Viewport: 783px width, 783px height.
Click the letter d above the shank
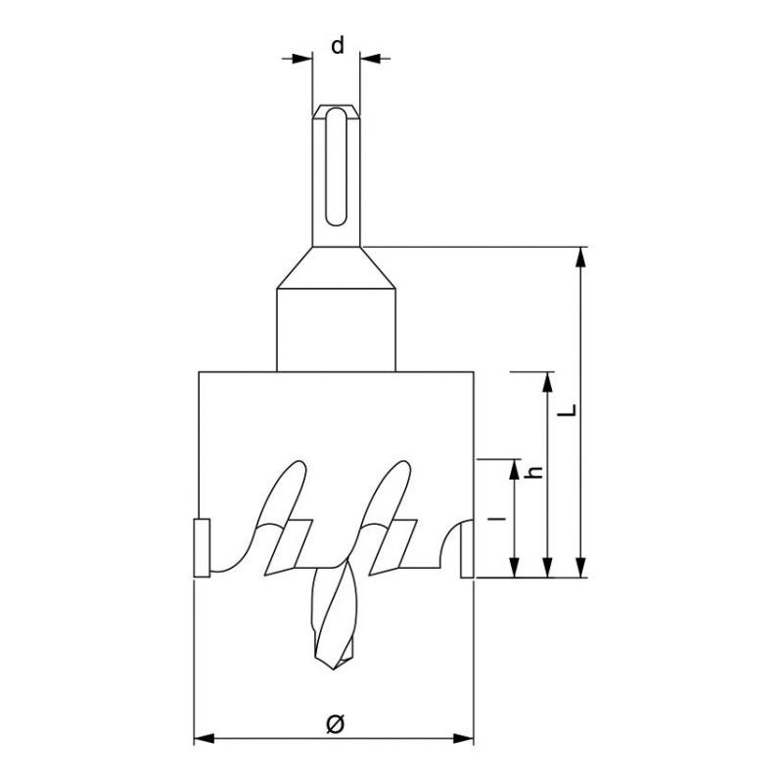pos(338,45)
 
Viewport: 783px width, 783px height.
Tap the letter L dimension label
pos(568,410)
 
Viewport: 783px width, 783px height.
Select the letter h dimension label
pos(534,471)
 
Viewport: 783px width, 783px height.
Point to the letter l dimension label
pos(497,519)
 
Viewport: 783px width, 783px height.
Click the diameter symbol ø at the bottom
pos(335,723)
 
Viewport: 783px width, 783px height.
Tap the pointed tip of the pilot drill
pos(334,668)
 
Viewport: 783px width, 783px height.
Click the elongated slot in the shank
pos(336,166)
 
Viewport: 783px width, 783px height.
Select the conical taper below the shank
pos(336,267)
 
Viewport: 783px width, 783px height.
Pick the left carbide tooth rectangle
pos(202,548)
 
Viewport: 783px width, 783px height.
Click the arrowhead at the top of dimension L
pos(579,256)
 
